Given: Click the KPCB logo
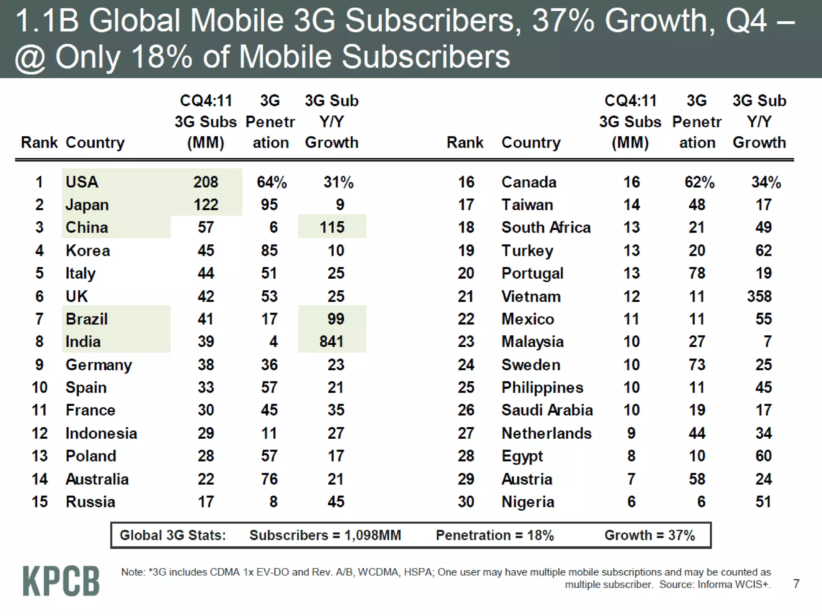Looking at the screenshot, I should (x=61, y=580).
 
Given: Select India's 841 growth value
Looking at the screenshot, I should (x=332, y=342).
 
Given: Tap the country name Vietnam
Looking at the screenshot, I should (x=531, y=296).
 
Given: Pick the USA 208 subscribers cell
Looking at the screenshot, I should (x=205, y=182).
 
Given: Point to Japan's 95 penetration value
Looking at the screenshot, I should (x=269, y=205).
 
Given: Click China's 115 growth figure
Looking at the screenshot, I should (x=332, y=227).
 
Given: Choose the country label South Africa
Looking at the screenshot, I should (x=546, y=227).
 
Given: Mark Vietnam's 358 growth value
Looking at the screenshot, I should (x=759, y=296).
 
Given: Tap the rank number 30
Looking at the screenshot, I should (x=466, y=502).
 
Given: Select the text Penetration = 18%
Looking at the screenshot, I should (x=495, y=535).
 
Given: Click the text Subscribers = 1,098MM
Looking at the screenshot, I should (x=325, y=535).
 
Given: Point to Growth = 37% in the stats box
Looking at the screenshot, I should (x=649, y=535).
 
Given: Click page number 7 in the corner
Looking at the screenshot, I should (x=796, y=584).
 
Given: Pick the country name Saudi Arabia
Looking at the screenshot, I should (x=547, y=410).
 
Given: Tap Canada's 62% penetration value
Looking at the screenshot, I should (x=699, y=182).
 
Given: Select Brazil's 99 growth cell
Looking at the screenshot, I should (x=336, y=319).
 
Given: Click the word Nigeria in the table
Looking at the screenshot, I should (x=528, y=502).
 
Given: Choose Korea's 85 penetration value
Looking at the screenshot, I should (x=269, y=251).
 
